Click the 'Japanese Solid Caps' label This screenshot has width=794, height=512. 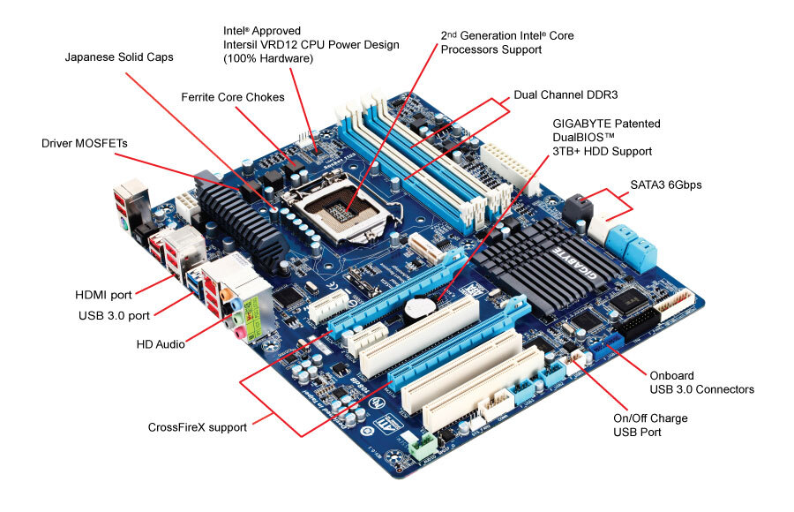[119, 57]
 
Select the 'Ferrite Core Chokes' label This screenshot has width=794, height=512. [233, 97]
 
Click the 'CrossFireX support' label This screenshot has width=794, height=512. [198, 427]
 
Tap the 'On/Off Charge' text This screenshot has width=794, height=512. [650, 418]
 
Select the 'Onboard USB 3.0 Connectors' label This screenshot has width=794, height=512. [701, 381]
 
